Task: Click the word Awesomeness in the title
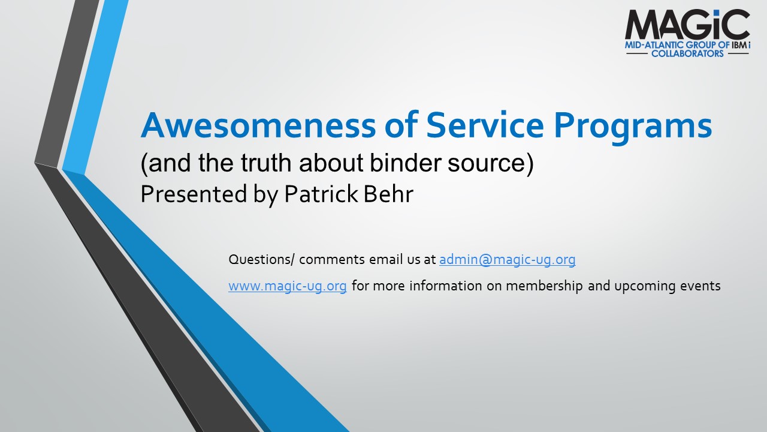258,125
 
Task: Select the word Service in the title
485,125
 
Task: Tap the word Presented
194,194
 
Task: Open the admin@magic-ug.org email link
507,260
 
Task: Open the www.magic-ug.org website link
288,286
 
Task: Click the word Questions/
261,260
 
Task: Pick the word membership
545,286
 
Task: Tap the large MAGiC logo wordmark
687,24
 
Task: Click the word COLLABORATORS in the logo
687,53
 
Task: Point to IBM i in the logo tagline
741,45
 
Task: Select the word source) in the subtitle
491,163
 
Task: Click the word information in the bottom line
445,286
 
